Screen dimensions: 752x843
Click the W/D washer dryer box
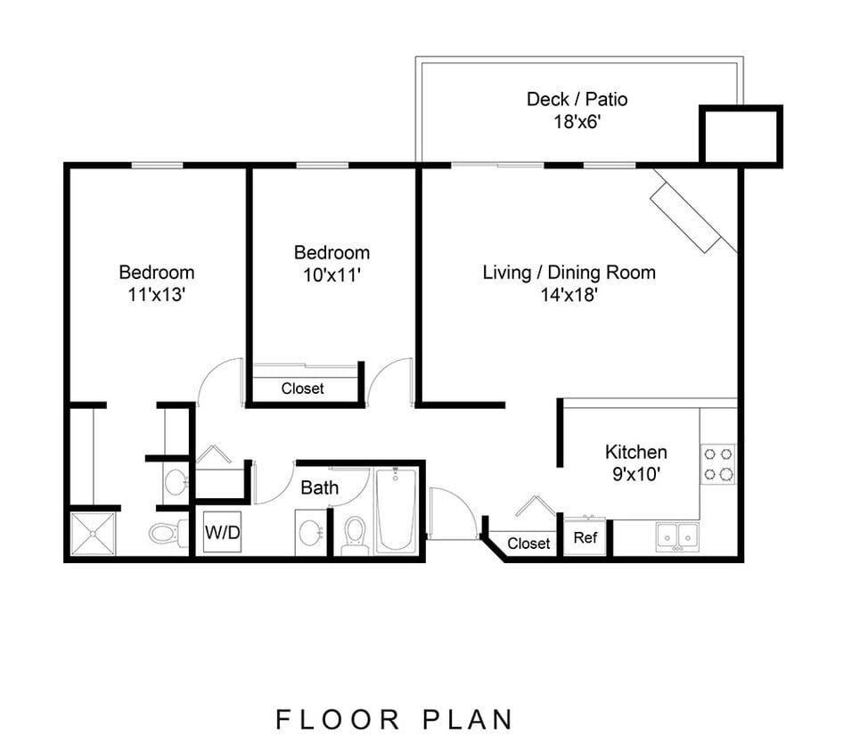click(221, 533)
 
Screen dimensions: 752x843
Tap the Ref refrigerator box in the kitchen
click(585, 537)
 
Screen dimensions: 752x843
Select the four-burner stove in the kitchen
click(717, 463)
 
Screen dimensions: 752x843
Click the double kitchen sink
click(677, 536)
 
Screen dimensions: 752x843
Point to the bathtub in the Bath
click(395, 510)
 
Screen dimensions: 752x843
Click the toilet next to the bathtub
click(355, 534)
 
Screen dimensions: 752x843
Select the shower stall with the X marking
click(93, 534)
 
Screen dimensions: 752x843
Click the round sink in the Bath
click(310, 533)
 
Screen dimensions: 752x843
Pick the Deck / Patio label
click(570, 99)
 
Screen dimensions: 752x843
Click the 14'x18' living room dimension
click(569, 295)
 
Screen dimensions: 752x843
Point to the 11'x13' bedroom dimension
click(156, 295)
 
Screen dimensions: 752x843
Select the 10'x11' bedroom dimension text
click(331, 275)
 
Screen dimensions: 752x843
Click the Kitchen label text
click(635, 452)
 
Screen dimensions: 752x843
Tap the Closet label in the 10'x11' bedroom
click(303, 388)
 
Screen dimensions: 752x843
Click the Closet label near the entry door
click(528, 543)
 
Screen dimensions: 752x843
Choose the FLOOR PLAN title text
click(394, 719)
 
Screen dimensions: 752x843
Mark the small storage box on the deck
click(741, 135)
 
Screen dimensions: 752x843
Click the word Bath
click(319, 487)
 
